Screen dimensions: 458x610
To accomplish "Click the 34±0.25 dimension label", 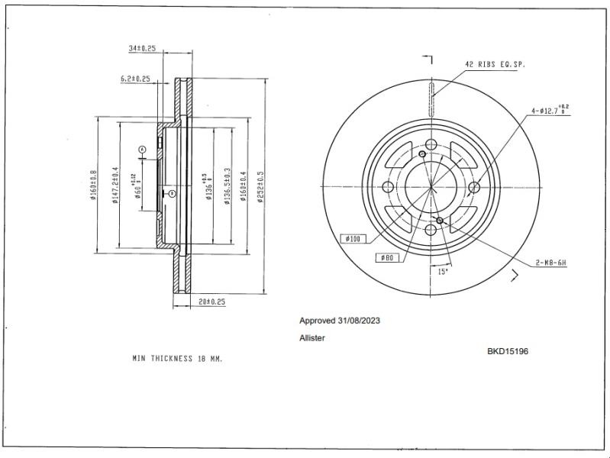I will tap(143, 48).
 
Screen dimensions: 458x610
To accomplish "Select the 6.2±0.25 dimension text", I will tap(135, 79).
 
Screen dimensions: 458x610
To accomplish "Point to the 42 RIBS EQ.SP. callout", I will tap(495, 64).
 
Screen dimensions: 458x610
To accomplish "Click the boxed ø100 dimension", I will tap(353, 239).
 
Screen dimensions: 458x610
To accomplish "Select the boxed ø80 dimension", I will tap(386, 258).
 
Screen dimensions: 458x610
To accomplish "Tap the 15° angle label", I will tap(443, 271).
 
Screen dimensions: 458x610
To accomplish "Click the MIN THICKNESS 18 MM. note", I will tap(177, 357).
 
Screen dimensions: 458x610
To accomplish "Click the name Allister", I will tap(311, 337).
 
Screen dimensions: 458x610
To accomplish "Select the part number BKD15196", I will tap(508, 352).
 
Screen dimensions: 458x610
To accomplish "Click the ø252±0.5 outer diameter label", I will tap(260, 186).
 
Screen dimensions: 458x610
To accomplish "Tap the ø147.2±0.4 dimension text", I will tap(115, 185).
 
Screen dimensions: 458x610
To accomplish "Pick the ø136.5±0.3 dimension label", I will tap(227, 186).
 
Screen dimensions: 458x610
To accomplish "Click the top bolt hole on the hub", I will tap(431, 145).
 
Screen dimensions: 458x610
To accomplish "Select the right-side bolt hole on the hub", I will tap(473, 187).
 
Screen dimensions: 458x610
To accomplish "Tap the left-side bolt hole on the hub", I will tap(388, 188).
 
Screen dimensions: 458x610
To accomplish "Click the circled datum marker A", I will tap(142, 149).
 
